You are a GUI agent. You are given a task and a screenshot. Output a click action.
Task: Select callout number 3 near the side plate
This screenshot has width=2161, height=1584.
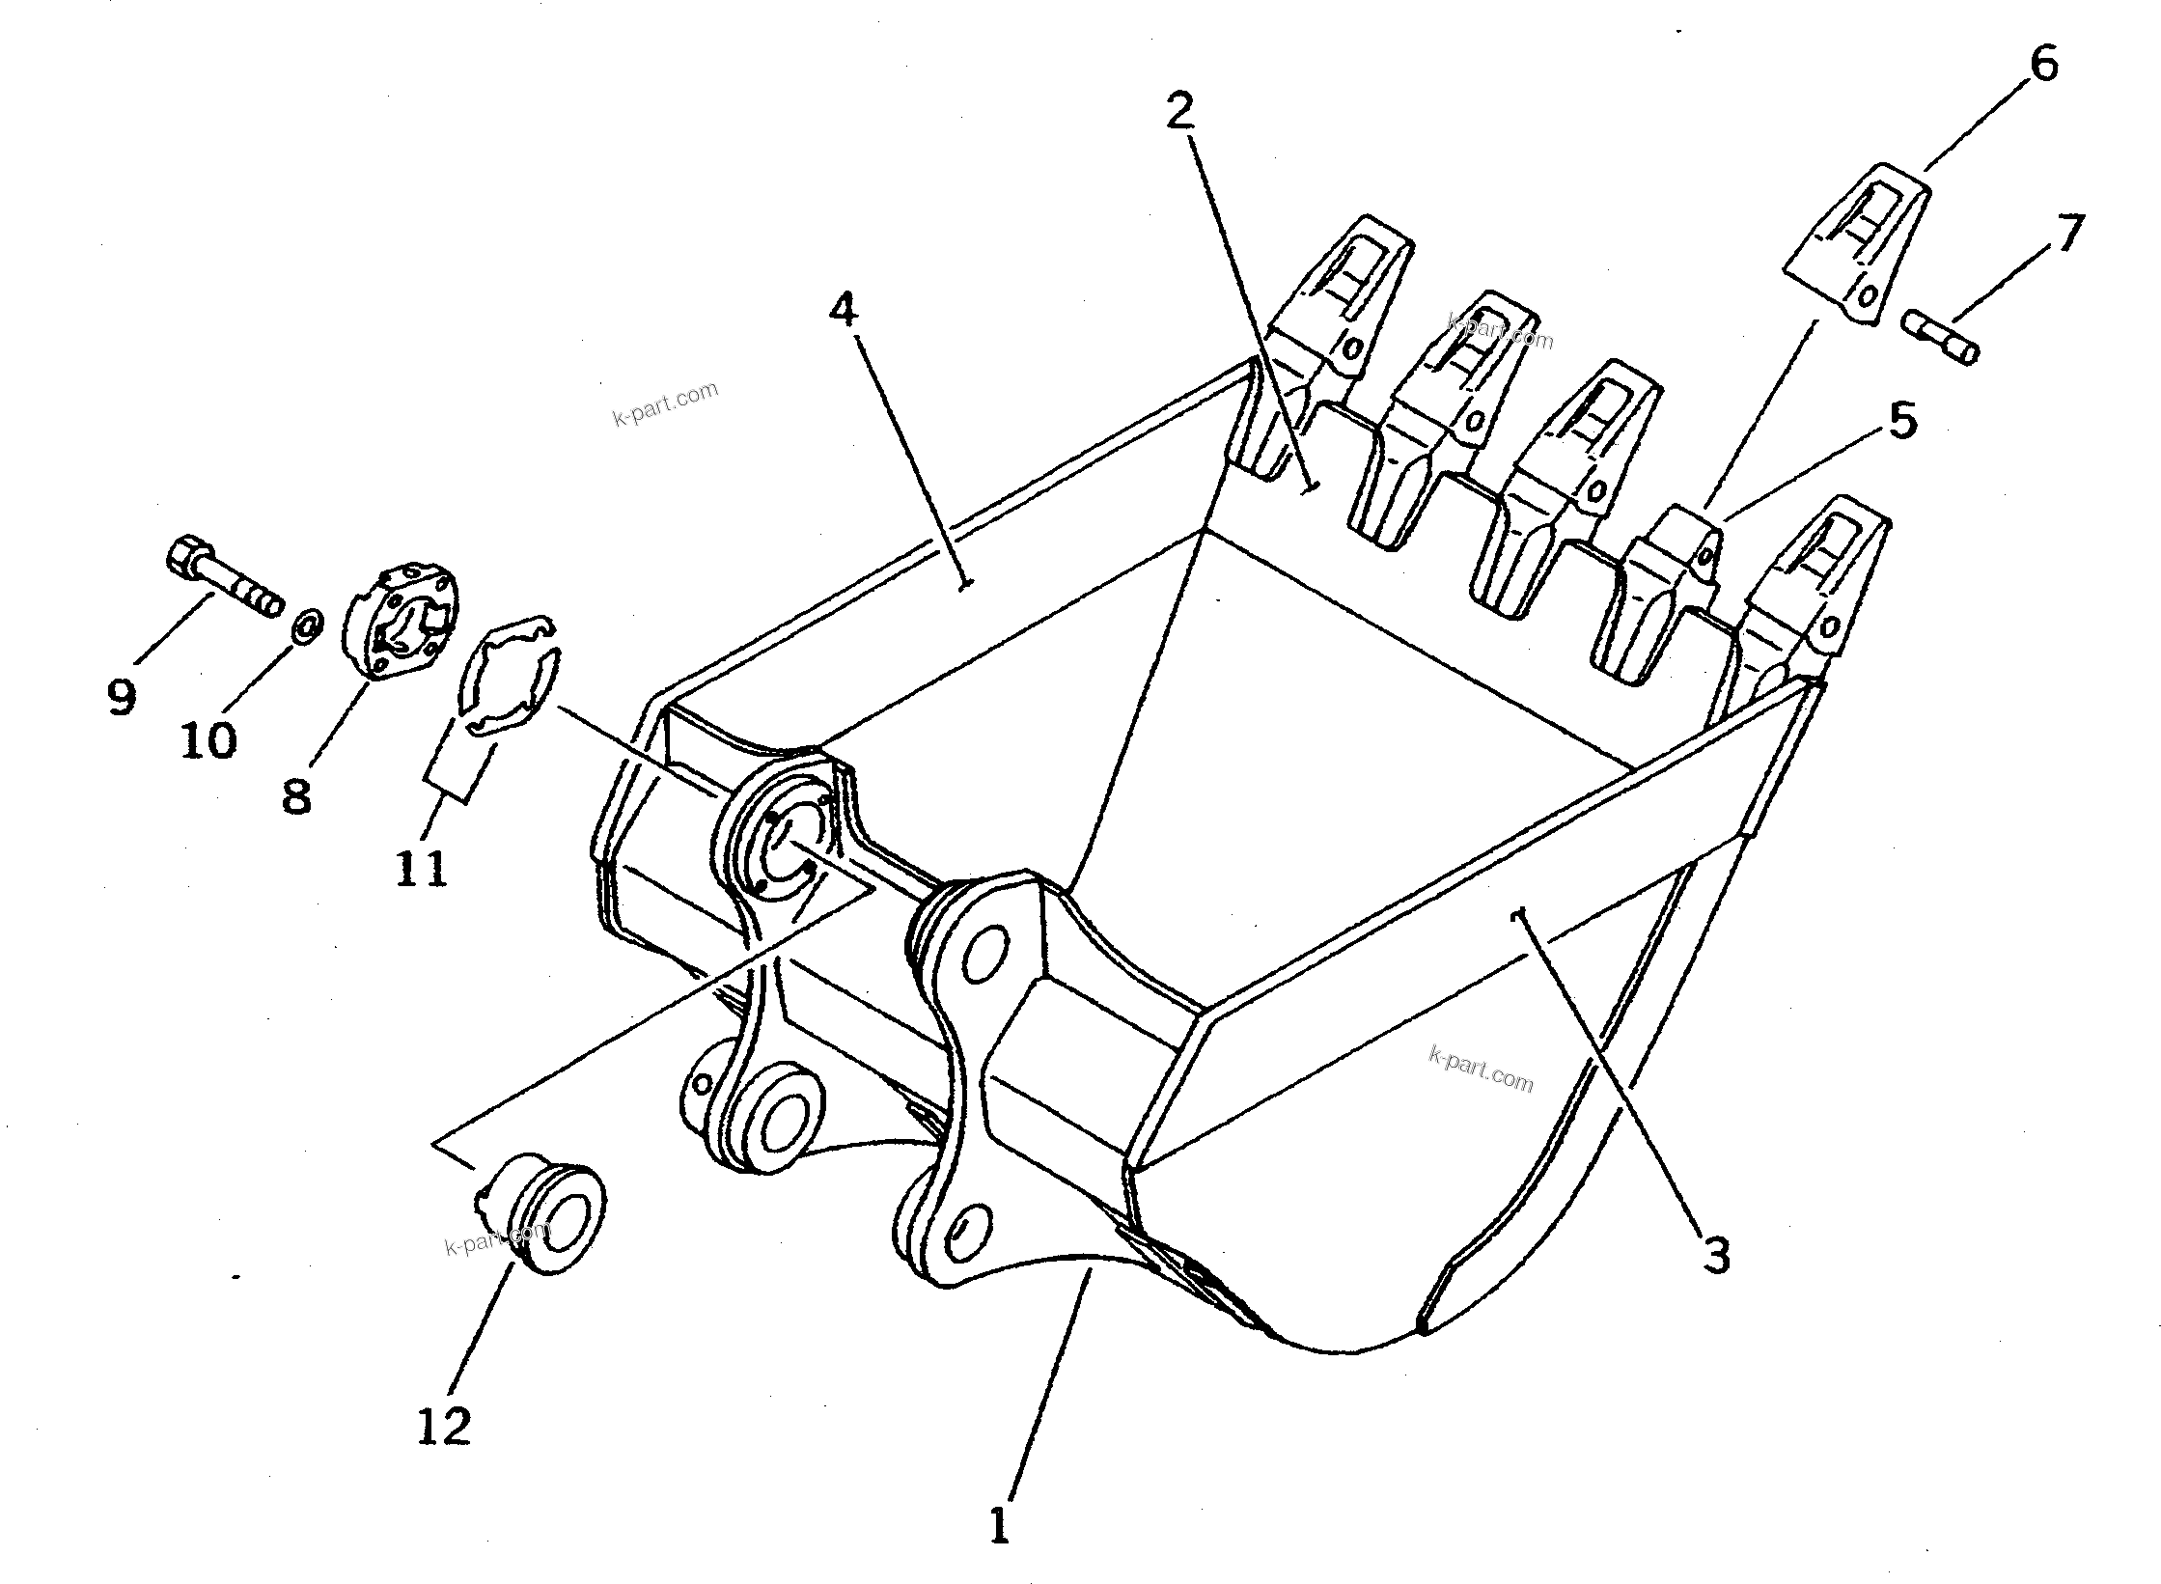click(1715, 1257)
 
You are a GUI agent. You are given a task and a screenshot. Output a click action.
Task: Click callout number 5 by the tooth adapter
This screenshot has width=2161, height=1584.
click(1901, 421)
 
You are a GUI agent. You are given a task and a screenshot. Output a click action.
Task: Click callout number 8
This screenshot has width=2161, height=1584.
click(296, 796)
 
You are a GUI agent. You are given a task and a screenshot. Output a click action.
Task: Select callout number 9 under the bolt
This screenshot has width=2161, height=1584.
click(122, 697)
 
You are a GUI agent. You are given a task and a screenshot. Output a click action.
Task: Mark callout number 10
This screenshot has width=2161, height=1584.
click(208, 741)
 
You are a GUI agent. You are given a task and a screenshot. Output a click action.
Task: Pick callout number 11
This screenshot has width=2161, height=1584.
click(422, 869)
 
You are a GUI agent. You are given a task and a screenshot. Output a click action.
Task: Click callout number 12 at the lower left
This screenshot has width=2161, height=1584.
click(444, 1427)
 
